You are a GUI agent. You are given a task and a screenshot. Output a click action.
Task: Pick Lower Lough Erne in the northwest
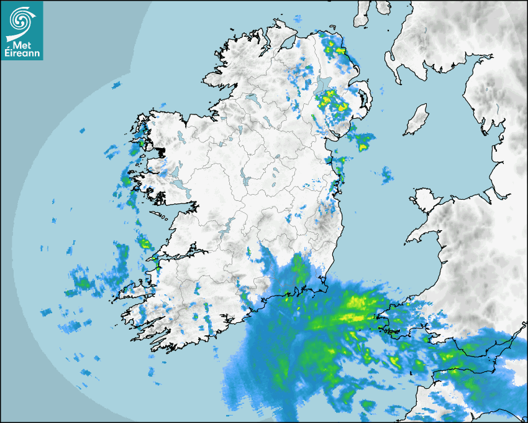(x=251, y=99)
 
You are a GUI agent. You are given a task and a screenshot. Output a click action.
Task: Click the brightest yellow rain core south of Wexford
(x=357, y=303)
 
